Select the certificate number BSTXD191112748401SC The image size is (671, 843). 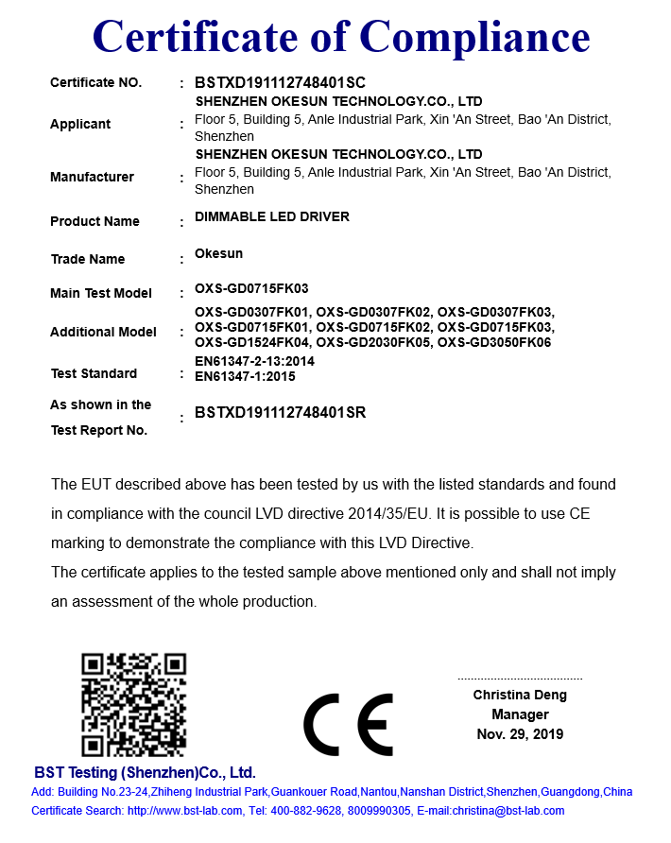click(280, 83)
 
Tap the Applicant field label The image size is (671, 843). click(80, 124)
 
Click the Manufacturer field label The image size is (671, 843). click(92, 177)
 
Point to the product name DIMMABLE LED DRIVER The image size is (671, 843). click(272, 216)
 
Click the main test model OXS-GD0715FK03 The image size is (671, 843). click(251, 288)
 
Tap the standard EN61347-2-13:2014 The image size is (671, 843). click(254, 361)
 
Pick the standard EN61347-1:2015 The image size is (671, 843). click(245, 376)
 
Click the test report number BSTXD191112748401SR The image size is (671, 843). click(280, 412)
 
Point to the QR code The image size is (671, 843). click(133, 705)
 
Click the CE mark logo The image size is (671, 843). click(347, 725)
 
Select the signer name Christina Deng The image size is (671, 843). click(520, 695)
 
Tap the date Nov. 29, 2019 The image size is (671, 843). click(520, 734)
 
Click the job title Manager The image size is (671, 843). click(520, 714)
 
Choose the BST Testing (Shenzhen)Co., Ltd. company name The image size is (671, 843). click(145, 771)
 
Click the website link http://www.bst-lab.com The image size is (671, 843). click(182, 811)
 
